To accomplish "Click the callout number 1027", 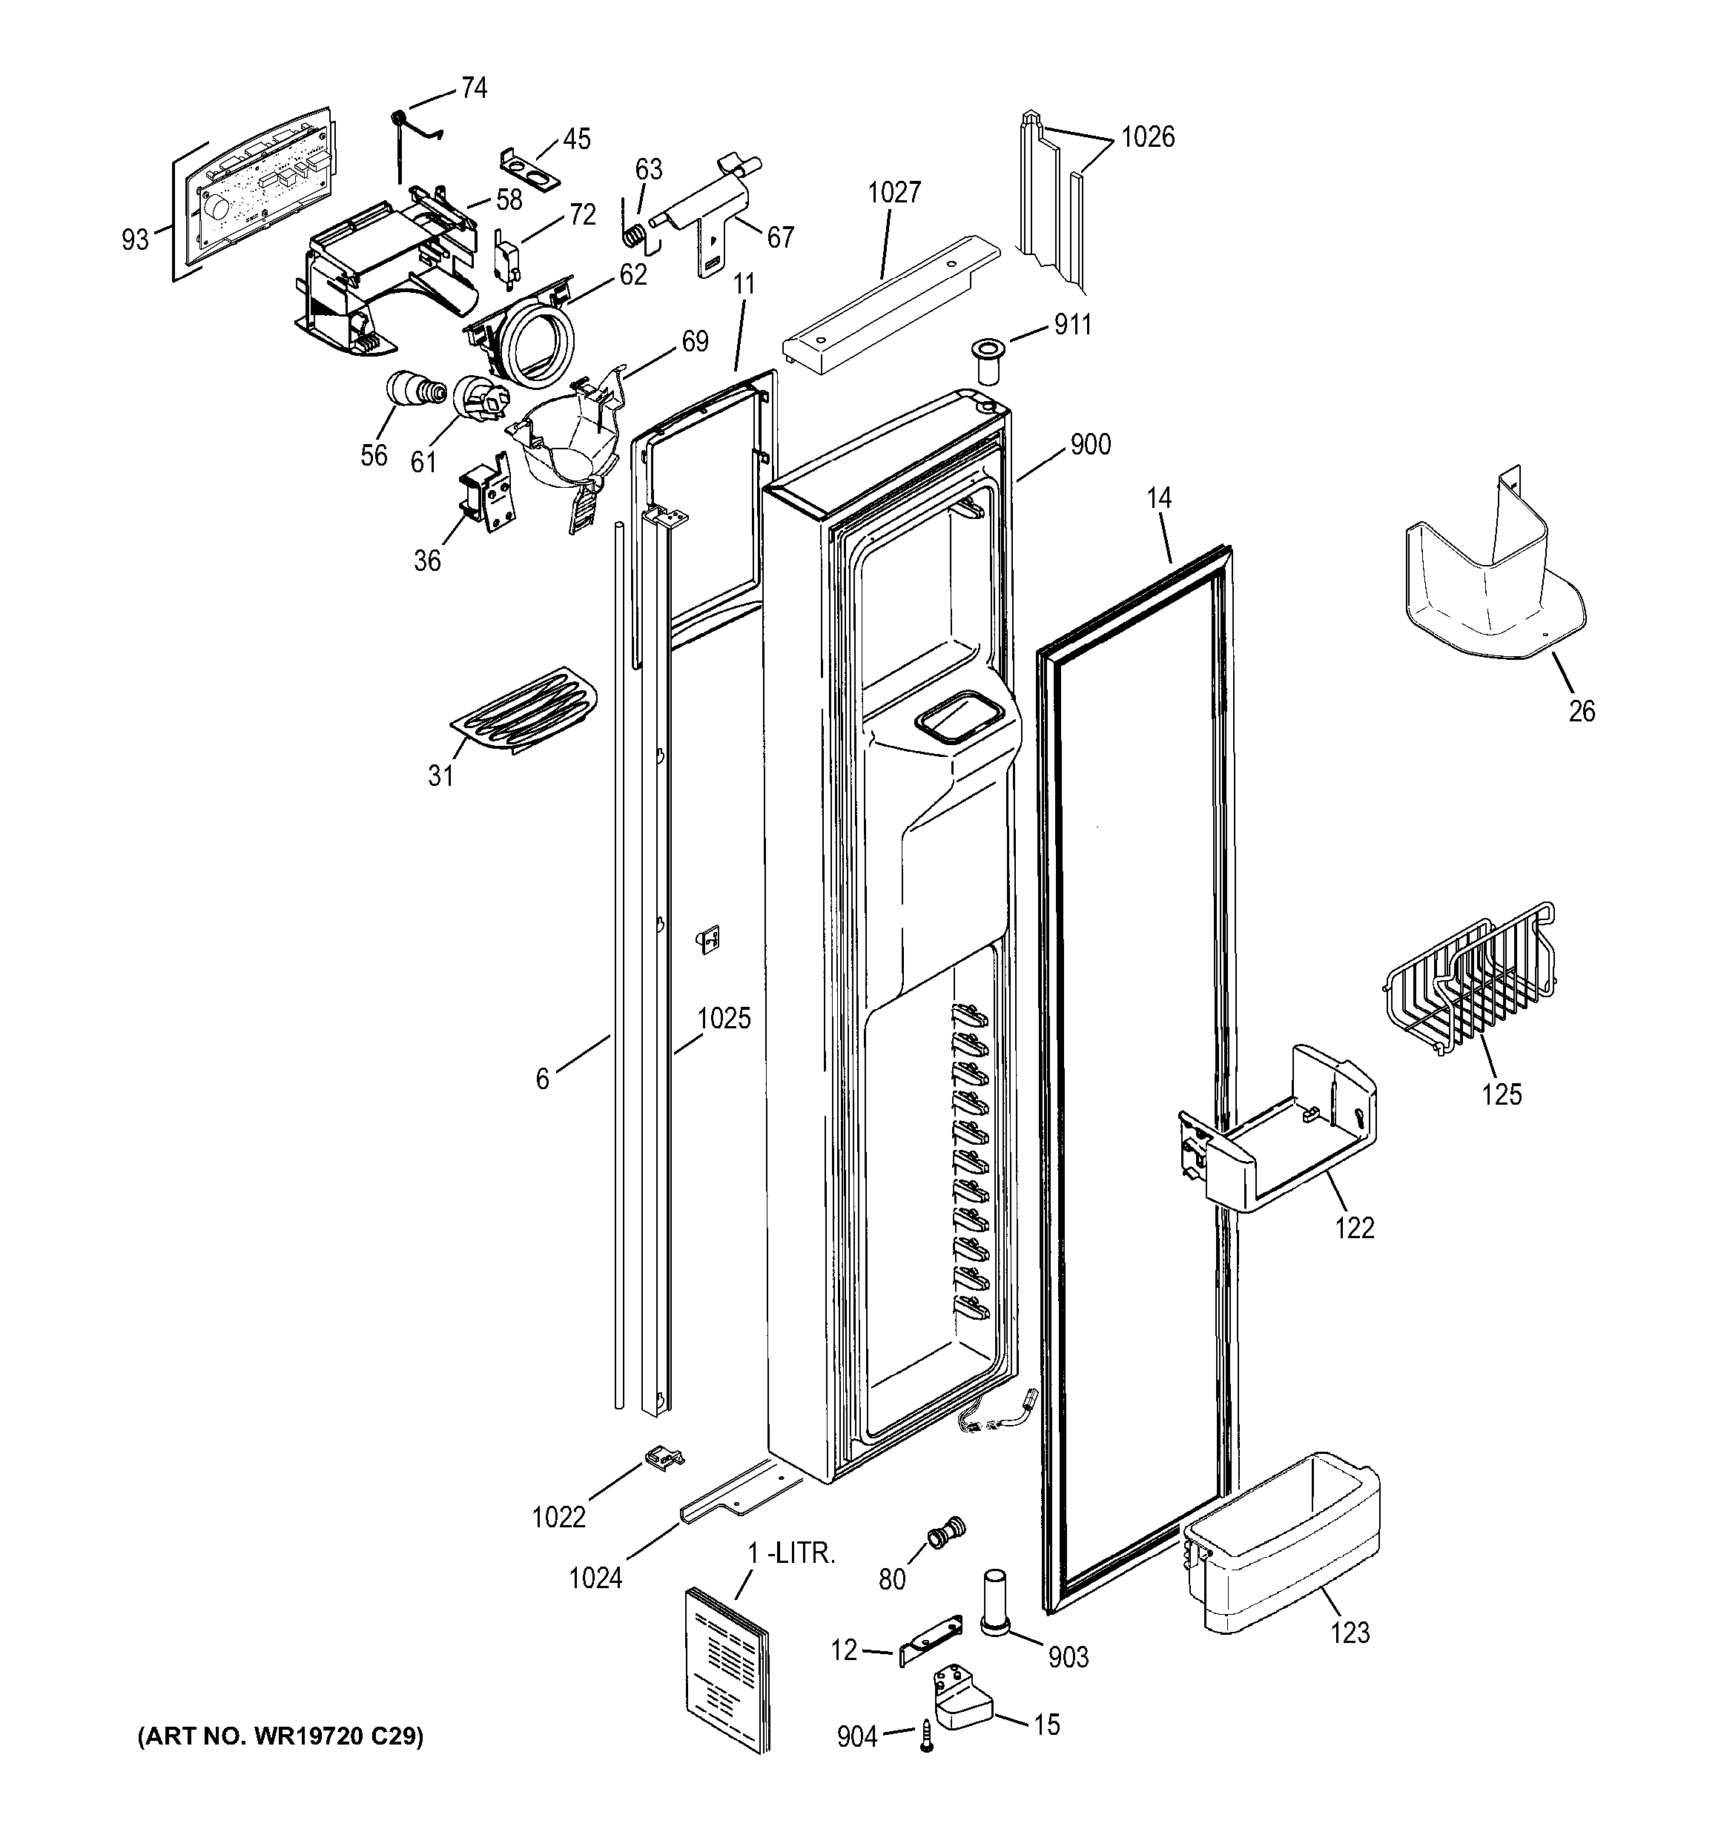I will [x=894, y=192].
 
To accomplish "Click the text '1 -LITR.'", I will [x=791, y=1553].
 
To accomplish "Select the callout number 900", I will [x=1090, y=445].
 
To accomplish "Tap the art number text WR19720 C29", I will [x=280, y=1738].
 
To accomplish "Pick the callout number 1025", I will [x=724, y=1018].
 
